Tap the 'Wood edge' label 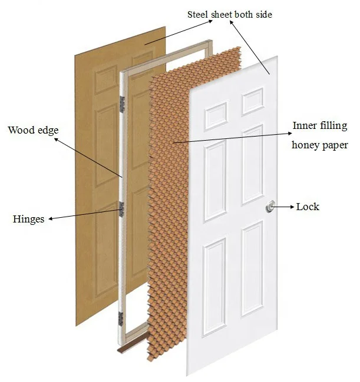[x=34, y=129]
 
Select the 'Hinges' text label [x=28, y=219]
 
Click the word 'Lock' [x=308, y=207]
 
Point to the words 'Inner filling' [x=320, y=125]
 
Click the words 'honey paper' [x=320, y=144]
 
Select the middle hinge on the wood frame [x=122, y=208]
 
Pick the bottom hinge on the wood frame [x=121, y=316]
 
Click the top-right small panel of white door [x=252, y=101]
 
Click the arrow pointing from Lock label [x=285, y=207]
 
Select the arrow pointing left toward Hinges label [x=82, y=213]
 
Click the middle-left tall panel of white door [x=215, y=180]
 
